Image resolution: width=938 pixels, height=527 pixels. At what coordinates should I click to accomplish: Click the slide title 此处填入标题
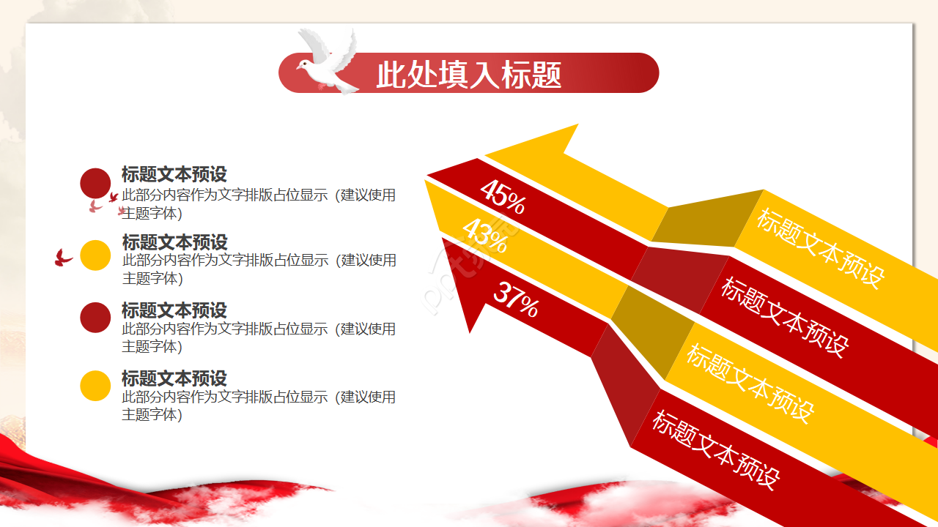coord(468,75)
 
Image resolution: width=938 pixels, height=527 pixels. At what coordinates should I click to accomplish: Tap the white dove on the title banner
coord(328,61)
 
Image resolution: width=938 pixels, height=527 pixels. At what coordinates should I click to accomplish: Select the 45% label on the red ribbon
coord(503,197)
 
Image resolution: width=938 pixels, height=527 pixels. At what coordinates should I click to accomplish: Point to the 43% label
coord(485,236)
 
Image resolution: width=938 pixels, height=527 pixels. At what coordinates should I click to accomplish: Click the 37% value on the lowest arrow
coord(517,299)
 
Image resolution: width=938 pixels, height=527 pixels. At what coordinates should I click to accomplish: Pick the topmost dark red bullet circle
coord(95,183)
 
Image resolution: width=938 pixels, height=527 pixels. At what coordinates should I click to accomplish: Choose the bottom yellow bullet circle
coord(95,386)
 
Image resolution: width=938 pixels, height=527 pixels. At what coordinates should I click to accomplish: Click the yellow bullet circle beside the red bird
coord(95,255)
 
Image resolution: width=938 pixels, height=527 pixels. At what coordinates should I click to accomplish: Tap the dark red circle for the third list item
coord(95,318)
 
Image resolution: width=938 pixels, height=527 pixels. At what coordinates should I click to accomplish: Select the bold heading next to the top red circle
coord(174,174)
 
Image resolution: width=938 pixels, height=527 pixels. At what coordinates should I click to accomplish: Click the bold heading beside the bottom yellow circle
coord(174,378)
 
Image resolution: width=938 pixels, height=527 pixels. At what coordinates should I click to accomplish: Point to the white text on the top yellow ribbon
coord(821,248)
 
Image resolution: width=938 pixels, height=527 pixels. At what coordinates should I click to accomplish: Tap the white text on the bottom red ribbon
coord(716,449)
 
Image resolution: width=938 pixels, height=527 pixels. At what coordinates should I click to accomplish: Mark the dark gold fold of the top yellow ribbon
coord(708,218)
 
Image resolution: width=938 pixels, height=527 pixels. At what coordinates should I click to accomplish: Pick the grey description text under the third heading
coord(259,337)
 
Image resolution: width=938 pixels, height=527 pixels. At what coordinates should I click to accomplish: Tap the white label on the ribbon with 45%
coord(785,317)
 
